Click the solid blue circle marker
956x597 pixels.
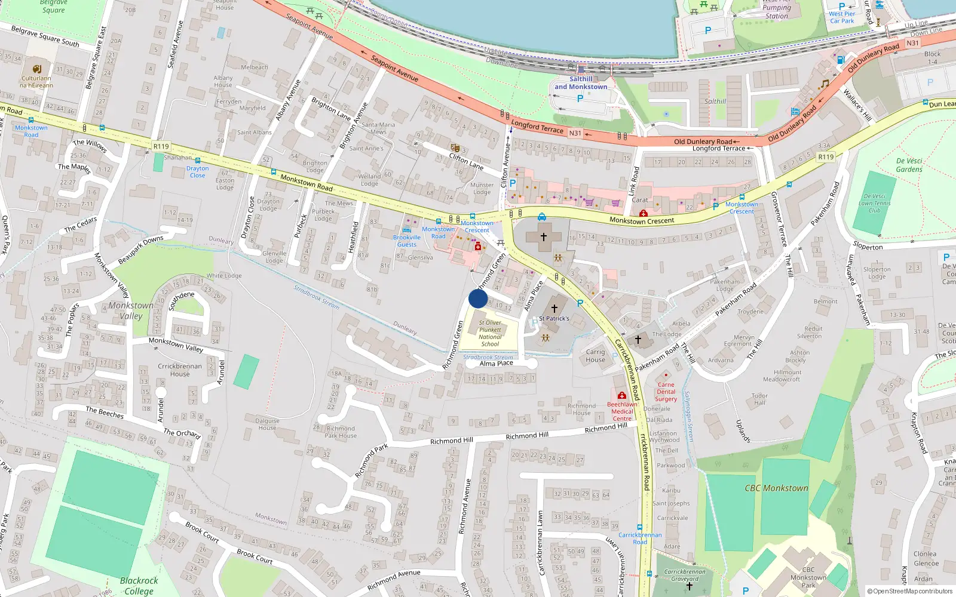point(478,298)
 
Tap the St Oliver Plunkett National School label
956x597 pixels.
point(490,333)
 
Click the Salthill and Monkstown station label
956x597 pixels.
point(581,83)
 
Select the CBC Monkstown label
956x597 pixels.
point(776,488)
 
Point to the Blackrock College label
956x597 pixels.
point(139,586)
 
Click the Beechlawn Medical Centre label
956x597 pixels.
point(622,411)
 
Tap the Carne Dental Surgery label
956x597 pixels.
point(666,392)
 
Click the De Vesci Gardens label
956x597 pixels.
point(909,165)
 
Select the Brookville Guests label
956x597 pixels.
point(407,241)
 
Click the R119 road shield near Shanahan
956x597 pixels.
point(161,146)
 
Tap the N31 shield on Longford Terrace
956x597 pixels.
point(575,133)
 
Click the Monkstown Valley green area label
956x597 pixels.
point(131,310)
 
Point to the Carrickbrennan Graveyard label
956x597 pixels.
point(685,575)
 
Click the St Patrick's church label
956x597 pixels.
point(554,319)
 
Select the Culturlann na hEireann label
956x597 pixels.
point(36,82)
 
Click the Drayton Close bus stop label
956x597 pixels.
point(197,172)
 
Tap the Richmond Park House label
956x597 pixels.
point(341,432)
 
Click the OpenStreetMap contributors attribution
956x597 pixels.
point(909,592)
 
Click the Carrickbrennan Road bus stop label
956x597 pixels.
point(640,538)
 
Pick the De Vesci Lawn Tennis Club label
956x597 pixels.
point(874,203)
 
